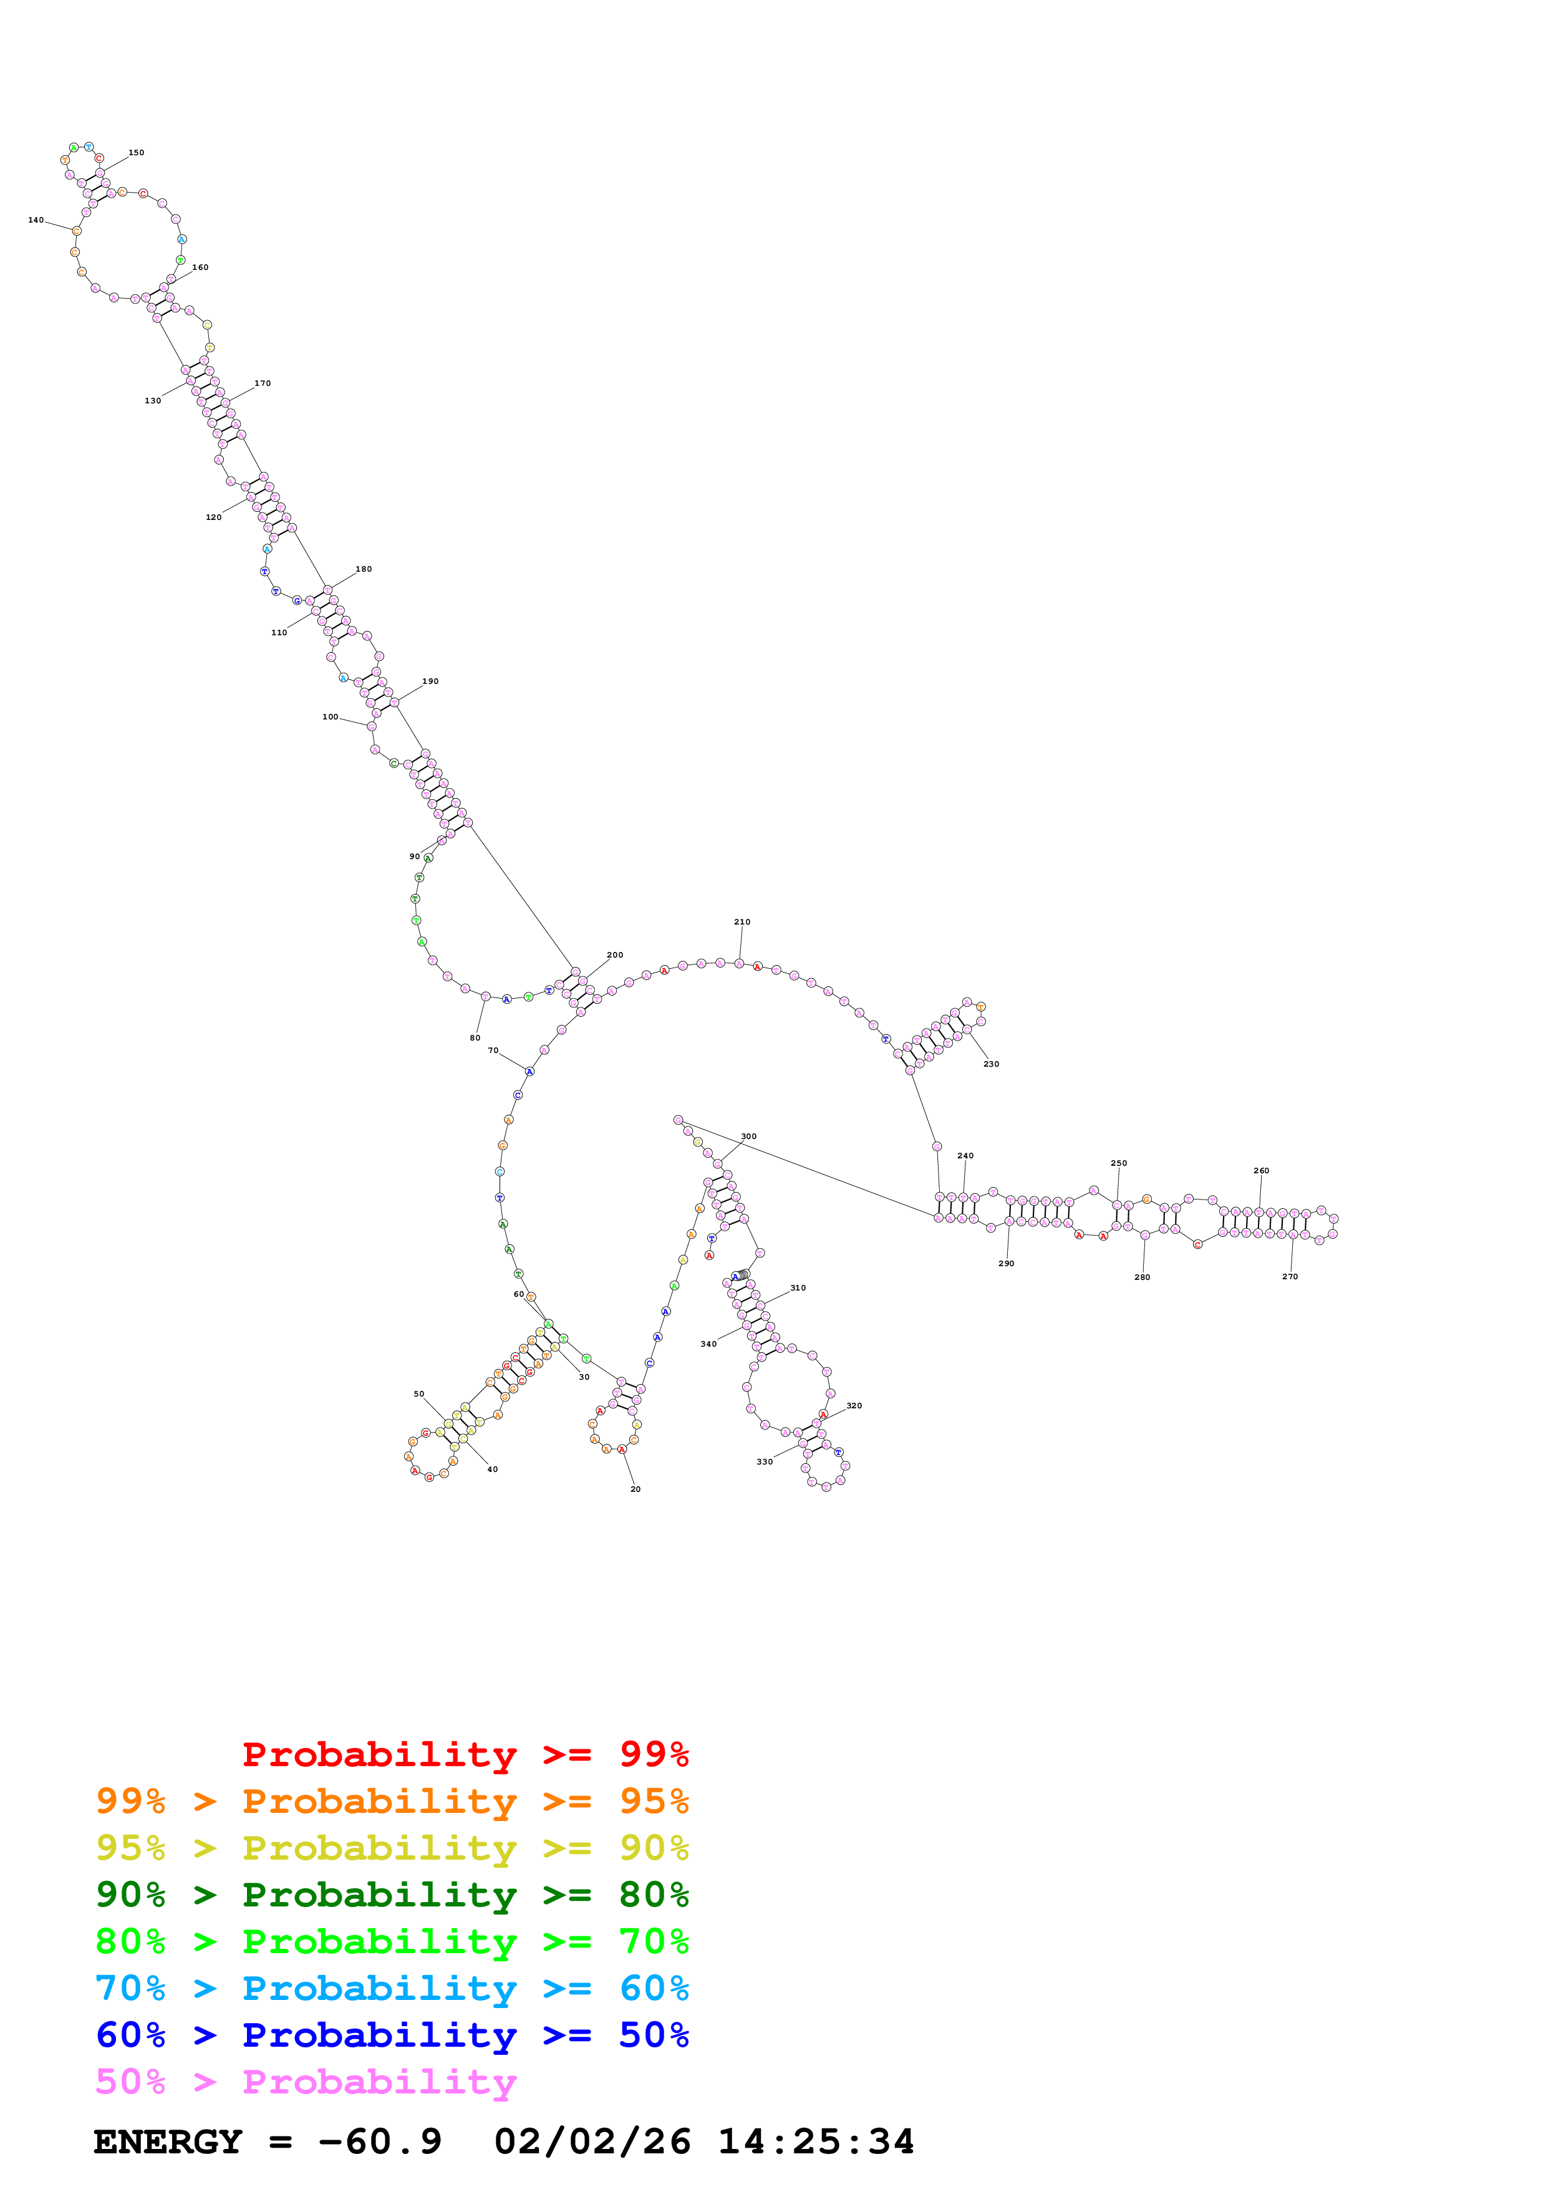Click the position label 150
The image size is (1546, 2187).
point(136,152)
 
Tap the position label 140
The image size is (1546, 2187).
point(36,220)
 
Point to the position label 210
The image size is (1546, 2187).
point(742,922)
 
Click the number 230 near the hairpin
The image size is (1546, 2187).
point(991,1064)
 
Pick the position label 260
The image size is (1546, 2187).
point(1261,1171)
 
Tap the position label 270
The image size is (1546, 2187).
point(1290,1276)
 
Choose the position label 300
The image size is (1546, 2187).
point(749,1137)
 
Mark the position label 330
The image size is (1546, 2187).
point(765,1461)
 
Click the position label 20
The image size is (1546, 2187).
point(635,1489)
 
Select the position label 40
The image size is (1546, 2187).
point(493,1469)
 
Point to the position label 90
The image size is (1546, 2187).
point(414,857)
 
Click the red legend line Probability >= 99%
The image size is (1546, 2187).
point(465,1754)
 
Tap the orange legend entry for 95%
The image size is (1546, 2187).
point(392,1801)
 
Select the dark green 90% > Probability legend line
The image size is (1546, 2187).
point(392,1895)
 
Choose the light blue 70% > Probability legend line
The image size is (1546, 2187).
point(392,1988)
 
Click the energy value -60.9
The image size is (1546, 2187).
point(380,2141)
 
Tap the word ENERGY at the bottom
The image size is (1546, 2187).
point(168,2141)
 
